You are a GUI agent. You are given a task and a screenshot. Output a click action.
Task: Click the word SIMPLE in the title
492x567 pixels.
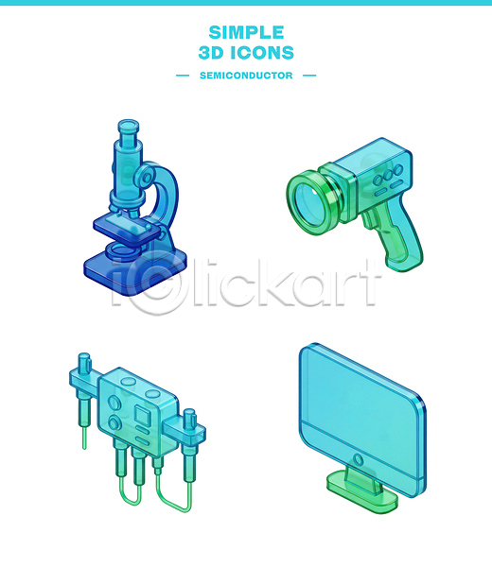pyautogui.click(x=246, y=32)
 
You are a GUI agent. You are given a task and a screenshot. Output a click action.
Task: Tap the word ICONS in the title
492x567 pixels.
pyautogui.click(x=262, y=53)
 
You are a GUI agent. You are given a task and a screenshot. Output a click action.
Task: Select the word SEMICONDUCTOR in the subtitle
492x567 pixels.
pyautogui.click(x=246, y=76)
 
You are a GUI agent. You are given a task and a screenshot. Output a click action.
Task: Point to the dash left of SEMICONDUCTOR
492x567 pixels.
pyautogui.click(x=183, y=76)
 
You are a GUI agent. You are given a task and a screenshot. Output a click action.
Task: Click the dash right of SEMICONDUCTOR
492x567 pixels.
pyautogui.click(x=309, y=76)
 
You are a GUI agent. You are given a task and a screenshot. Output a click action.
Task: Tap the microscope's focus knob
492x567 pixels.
pyautogui.click(x=147, y=178)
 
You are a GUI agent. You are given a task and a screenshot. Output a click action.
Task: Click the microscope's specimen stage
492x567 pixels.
pyautogui.click(x=128, y=228)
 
